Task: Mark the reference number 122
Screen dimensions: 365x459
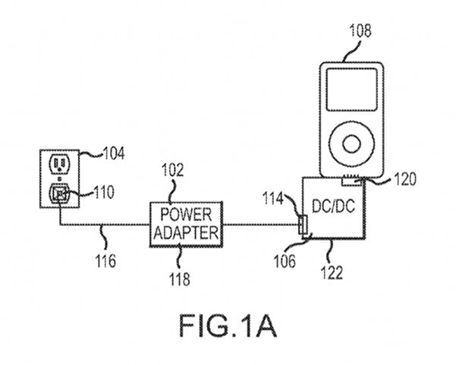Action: [x=333, y=269]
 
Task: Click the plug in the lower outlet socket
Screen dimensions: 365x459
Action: [x=59, y=194]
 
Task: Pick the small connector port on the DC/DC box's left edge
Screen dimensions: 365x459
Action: [x=303, y=225]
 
